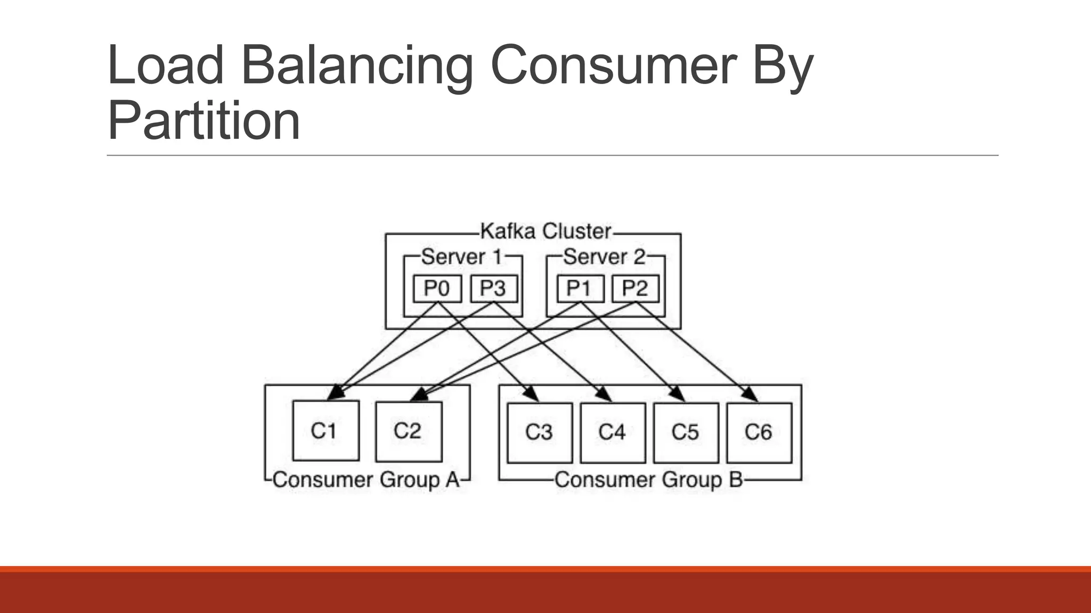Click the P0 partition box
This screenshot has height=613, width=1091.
(437, 288)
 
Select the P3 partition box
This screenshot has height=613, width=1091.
(494, 288)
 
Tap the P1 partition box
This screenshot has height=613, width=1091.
(580, 288)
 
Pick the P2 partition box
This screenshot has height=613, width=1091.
(635, 288)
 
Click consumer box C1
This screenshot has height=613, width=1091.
(325, 430)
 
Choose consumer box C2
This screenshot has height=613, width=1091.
(409, 430)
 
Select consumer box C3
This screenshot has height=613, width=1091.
(540, 432)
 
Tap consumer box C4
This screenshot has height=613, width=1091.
(613, 432)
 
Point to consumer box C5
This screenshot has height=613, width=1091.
(686, 432)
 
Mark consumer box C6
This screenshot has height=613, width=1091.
(759, 432)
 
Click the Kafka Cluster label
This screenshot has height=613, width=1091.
(545, 231)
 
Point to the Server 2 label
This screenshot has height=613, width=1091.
(605, 257)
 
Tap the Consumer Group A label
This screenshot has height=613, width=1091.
(366, 480)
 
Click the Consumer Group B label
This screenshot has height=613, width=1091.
(648, 480)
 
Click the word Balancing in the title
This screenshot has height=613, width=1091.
(357, 67)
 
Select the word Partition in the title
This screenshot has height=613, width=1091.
(204, 121)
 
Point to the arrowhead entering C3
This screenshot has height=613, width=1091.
(532, 395)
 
